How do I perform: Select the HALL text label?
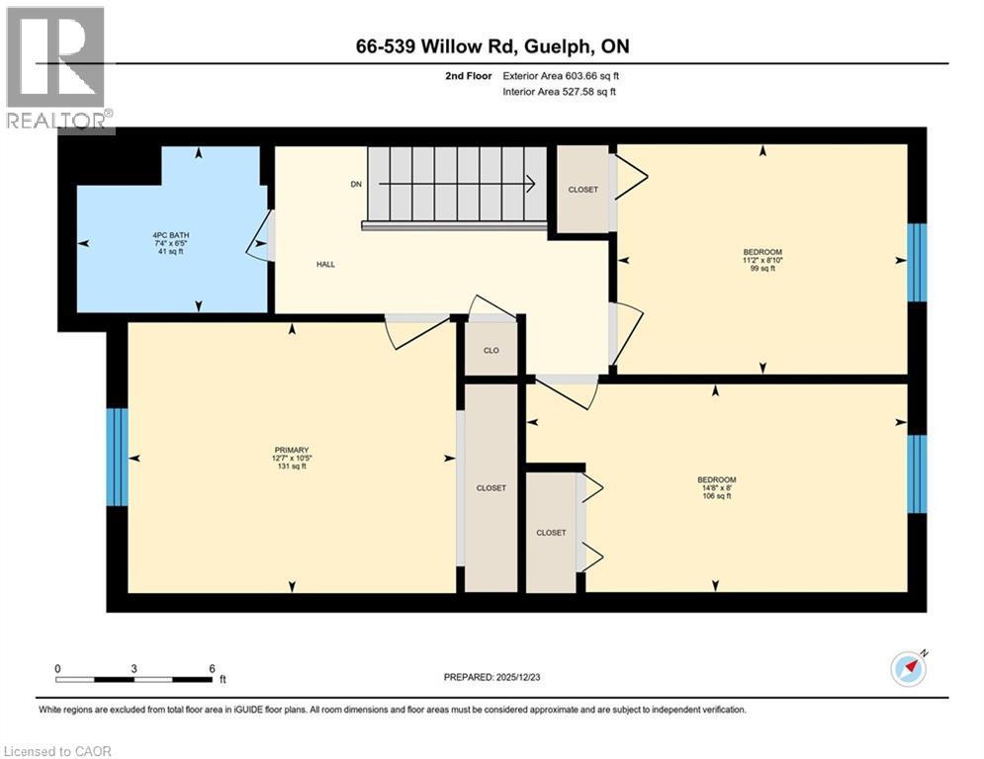tap(325, 265)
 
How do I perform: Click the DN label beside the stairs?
tap(355, 184)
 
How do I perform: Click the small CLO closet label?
tap(491, 350)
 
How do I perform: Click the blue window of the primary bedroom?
tap(117, 457)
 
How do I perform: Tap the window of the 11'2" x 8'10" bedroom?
tap(917, 262)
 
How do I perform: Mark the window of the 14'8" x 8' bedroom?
tap(917, 474)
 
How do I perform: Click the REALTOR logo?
tap(57, 68)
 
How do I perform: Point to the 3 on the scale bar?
tap(134, 667)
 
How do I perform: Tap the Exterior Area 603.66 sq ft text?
tap(561, 75)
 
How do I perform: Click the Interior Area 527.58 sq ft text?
tap(561, 92)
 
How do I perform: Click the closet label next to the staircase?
tap(582, 190)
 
